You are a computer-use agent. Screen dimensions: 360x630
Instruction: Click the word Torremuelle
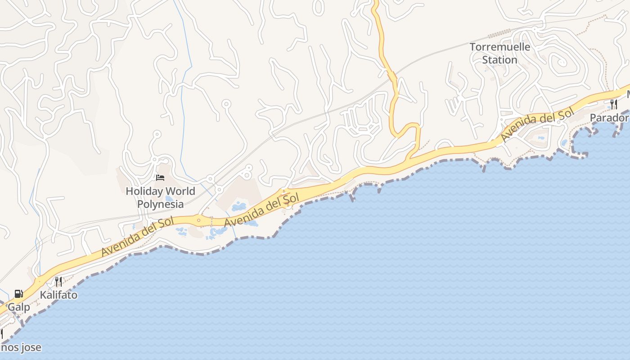[x=500, y=47]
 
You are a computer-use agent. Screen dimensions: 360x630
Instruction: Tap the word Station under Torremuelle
[x=499, y=59]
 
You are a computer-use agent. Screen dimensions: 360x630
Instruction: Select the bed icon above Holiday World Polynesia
[x=160, y=178]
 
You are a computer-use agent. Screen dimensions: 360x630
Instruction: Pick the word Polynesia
[x=160, y=204]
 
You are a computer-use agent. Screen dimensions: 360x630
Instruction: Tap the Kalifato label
[x=58, y=295]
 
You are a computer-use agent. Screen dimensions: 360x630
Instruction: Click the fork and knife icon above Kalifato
[x=58, y=282]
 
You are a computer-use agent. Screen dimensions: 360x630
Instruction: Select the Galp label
[x=19, y=307]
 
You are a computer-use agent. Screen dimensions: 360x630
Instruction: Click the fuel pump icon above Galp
[x=19, y=294]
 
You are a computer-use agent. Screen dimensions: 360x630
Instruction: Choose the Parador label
[x=609, y=118]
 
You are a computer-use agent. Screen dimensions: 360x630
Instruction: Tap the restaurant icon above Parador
[x=614, y=104]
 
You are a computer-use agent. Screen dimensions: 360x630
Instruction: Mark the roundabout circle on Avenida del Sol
[x=198, y=220]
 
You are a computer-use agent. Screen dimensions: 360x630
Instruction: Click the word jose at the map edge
[x=31, y=347]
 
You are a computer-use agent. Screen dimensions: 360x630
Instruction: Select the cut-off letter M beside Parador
[x=628, y=95]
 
